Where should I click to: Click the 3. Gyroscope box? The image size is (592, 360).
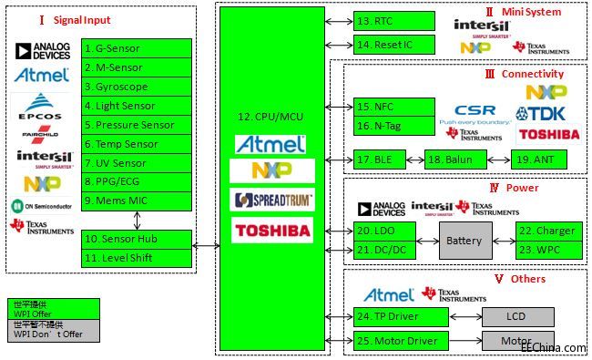137,87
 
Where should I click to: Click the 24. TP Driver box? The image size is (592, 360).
401,317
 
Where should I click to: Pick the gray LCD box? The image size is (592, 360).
515,316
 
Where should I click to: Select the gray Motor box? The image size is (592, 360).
515,342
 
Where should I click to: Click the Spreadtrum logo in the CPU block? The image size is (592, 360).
272,200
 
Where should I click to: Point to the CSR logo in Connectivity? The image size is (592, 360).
475,111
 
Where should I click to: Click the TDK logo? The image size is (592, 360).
547,113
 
